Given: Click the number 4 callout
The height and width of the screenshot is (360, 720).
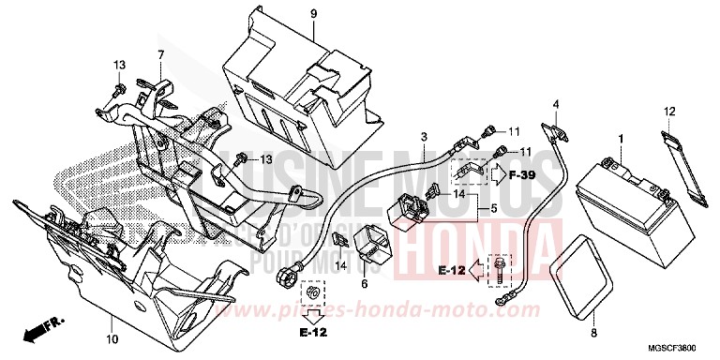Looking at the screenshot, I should [555, 104].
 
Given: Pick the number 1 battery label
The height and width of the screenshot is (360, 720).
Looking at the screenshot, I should [619, 139].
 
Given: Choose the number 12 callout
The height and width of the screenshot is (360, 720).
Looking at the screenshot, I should [669, 112].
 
